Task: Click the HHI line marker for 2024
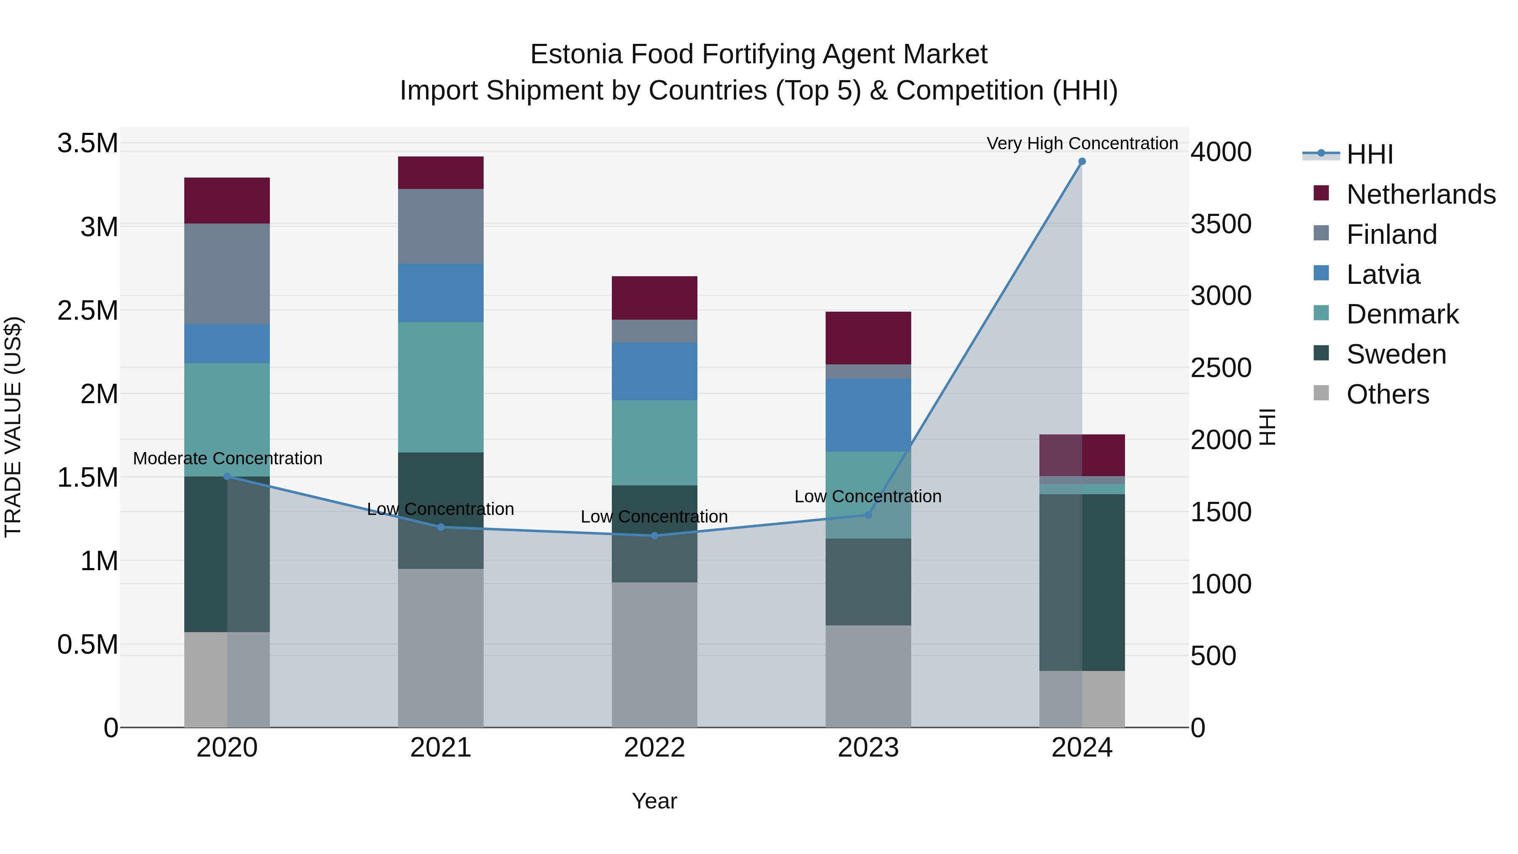click(1082, 162)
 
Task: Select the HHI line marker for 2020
click(227, 476)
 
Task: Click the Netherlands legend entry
click(1420, 194)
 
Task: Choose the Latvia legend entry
click(1383, 275)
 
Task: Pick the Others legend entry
click(1387, 394)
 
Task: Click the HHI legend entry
click(1369, 154)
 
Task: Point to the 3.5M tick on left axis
click(87, 143)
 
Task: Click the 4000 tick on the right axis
click(1221, 152)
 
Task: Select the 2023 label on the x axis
click(868, 748)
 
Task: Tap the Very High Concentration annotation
click(1082, 143)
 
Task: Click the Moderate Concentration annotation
click(227, 458)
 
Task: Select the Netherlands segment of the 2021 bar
click(441, 172)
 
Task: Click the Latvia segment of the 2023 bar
click(868, 415)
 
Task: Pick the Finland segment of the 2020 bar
click(227, 273)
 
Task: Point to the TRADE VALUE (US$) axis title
click(13, 427)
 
